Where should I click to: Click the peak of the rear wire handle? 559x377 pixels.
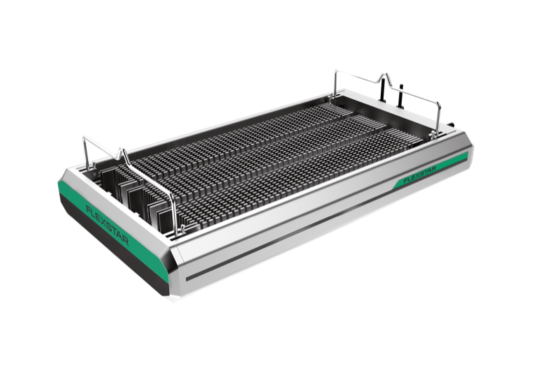click(x=384, y=76)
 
